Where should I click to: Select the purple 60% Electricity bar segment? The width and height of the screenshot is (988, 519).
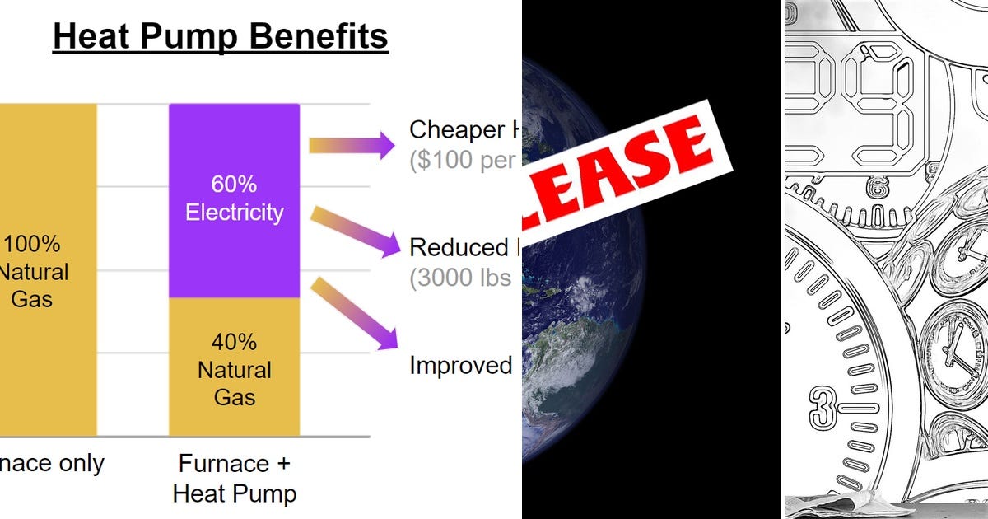[x=235, y=200]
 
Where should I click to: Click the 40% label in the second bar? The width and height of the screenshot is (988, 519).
[x=235, y=341]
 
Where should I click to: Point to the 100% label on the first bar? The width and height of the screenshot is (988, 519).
[x=32, y=244]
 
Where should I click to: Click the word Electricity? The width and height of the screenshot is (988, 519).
[x=235, y=213]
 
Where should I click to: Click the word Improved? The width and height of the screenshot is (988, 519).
[x=461, y=365]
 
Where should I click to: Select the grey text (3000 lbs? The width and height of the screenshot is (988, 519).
[x=461, y=278]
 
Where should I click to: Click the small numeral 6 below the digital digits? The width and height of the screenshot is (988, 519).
[x=874, y=189]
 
